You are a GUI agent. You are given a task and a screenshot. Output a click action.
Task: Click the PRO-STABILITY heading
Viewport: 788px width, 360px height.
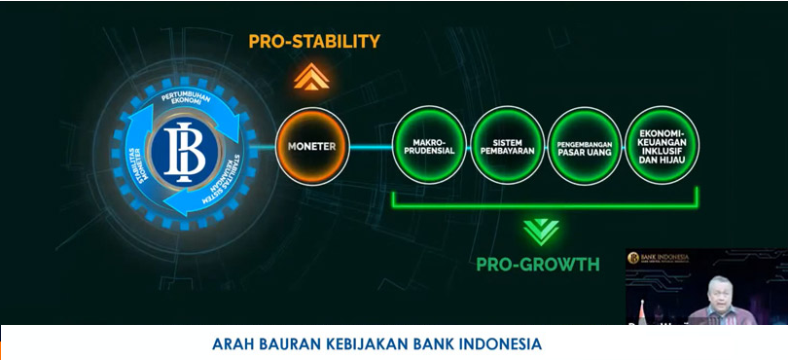pyautogui.click(x=313, y=42)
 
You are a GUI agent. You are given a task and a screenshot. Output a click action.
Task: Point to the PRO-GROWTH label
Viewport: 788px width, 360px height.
pyautogui.click(x=537, y=264)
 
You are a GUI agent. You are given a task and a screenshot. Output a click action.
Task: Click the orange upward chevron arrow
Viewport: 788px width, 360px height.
pyautogui.click(x=311, y=77)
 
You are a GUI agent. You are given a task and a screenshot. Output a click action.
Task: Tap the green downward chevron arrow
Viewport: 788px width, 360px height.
pyautogui.click(x=541, y=231)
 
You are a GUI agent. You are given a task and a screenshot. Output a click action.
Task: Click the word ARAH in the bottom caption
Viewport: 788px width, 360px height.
pyautogui.click(x=231, y=344)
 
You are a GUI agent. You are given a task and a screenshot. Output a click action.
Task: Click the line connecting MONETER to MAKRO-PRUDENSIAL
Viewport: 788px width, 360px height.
pyautogui.click(x=370, y=147)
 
